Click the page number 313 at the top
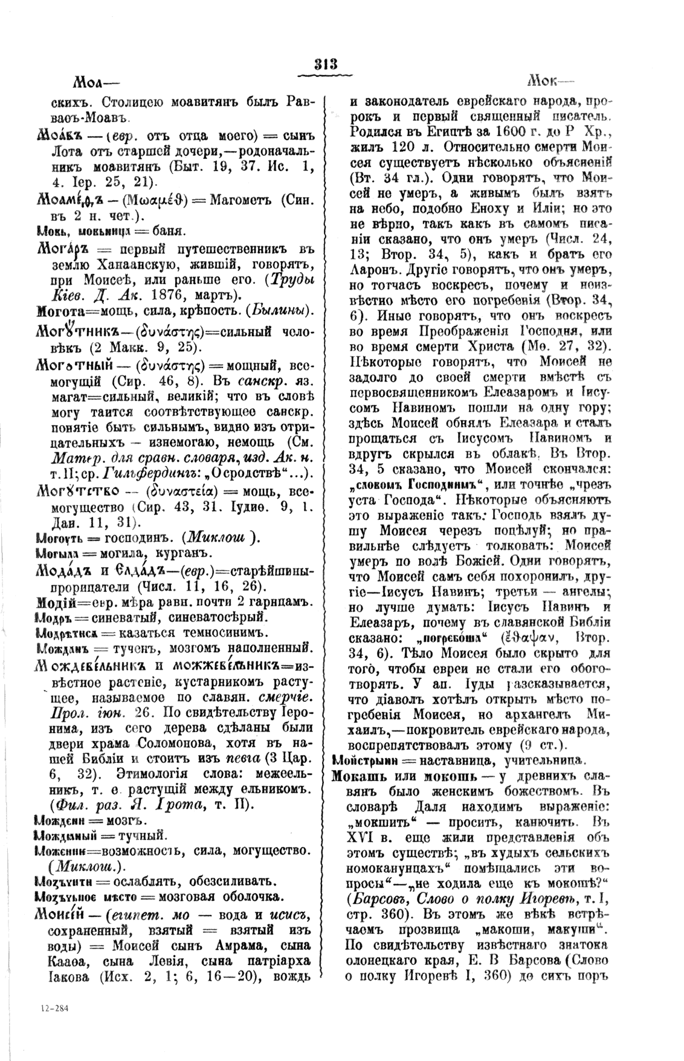pos(324,65)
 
